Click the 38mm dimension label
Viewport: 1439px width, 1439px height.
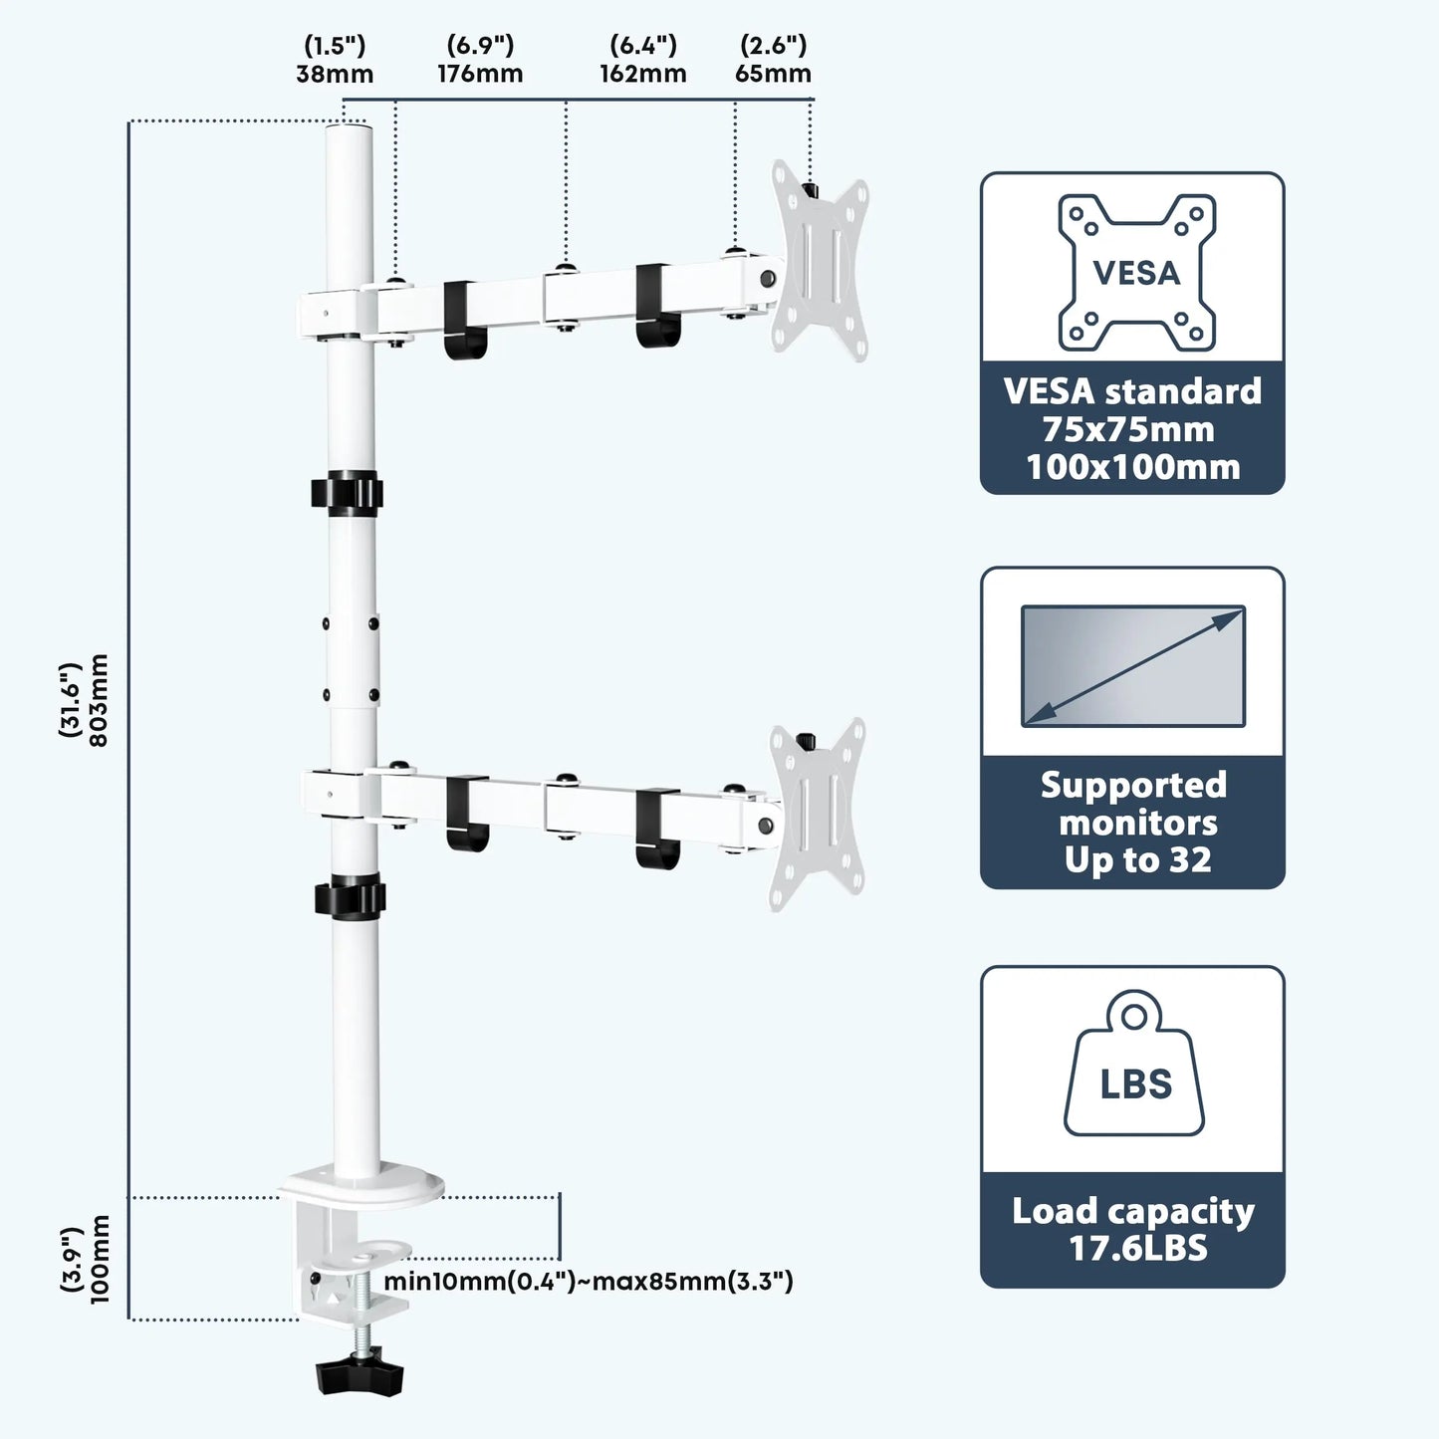point(335,74)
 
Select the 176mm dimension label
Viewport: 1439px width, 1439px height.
point(480,74)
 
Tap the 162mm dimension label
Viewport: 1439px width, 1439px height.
point(643,74)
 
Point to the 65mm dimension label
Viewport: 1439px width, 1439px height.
point(773,74)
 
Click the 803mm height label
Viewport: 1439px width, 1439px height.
point(98,699)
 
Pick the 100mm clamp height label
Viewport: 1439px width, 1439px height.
point(98,1260)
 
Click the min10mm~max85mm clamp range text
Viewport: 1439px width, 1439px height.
point(589,1281)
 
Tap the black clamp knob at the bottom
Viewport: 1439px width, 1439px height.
point(360,1377)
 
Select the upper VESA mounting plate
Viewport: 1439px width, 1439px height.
point(820,261)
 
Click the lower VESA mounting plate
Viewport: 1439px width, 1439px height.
point(818,814)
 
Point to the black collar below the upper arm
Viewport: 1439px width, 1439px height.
point(347,494)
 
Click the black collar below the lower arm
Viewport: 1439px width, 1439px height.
point(350,896)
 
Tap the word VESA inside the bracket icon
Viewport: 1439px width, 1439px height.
point(1136,273)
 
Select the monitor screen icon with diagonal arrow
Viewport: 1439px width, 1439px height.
point(1133,665)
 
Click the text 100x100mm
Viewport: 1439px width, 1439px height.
point(1133,467)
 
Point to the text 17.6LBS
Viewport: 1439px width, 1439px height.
point(1137,1248)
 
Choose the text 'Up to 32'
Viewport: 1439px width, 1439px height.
point(1137,859)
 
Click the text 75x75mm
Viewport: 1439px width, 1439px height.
point(1128,429)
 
